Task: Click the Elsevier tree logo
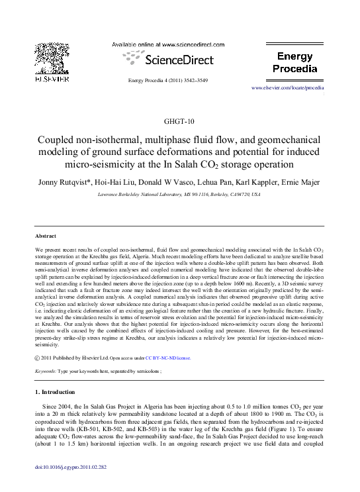click(x=50, y=58)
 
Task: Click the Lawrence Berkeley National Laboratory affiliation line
click(x=179, y=195)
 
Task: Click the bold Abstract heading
click(x=46, y=236)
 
